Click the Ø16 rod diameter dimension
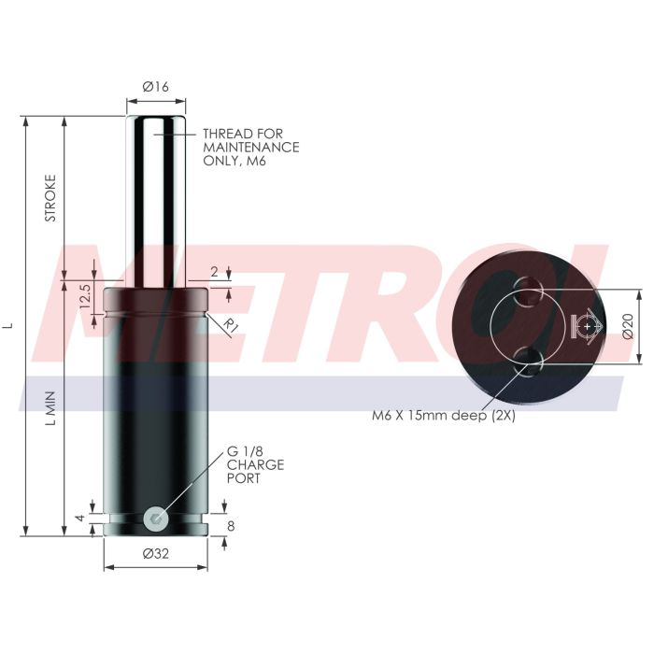coord(156,86)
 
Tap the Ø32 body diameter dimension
coord(156,554)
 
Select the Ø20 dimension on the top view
coord(628,325)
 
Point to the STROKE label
coord(51,198)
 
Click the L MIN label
coord(51,407)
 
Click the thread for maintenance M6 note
coord(250,147)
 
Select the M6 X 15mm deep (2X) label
coord(445,415)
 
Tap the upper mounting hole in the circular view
coord(529,287)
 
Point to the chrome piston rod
coord(156,196)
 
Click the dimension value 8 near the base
coord(231,525)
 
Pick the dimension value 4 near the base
coord(81,517)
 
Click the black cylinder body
coord(156,402)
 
